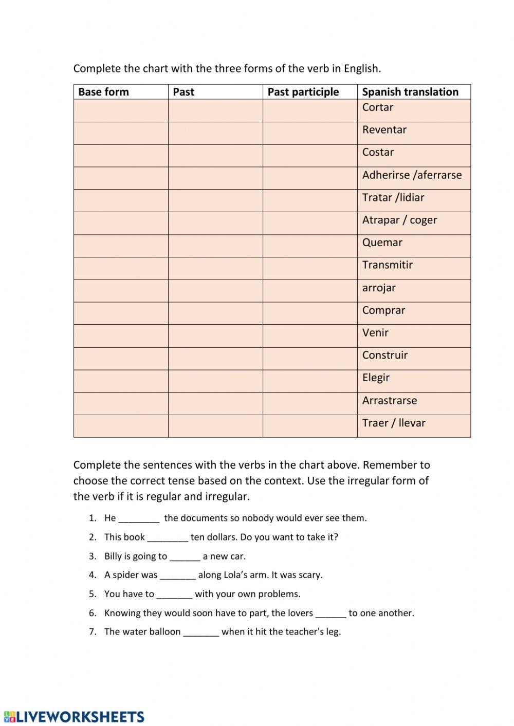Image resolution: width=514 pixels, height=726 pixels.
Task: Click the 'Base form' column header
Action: click(x=103, y=92)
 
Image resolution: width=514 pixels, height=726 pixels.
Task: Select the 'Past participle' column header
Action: click(x=303, y=92)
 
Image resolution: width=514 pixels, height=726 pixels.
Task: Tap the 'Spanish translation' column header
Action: click(x=410, y=92)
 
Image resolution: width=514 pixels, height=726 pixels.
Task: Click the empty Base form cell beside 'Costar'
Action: click(x=121, y=156)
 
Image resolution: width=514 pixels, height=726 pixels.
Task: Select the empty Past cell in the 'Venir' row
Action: click(x=215, y=336)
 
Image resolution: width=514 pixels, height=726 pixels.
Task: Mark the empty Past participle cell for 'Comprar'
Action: click(x=310, y=313)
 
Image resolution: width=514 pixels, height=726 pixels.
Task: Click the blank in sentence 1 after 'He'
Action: click(x=139, y=518)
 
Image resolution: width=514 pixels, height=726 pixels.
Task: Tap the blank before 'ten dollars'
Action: click(x=168, y=537)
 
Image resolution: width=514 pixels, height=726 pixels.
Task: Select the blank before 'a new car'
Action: click(x=185, y=556)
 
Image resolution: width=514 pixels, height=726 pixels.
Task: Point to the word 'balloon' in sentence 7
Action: click(x=164, y=632)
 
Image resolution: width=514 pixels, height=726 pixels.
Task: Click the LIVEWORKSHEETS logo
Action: click(x=74, y=717)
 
